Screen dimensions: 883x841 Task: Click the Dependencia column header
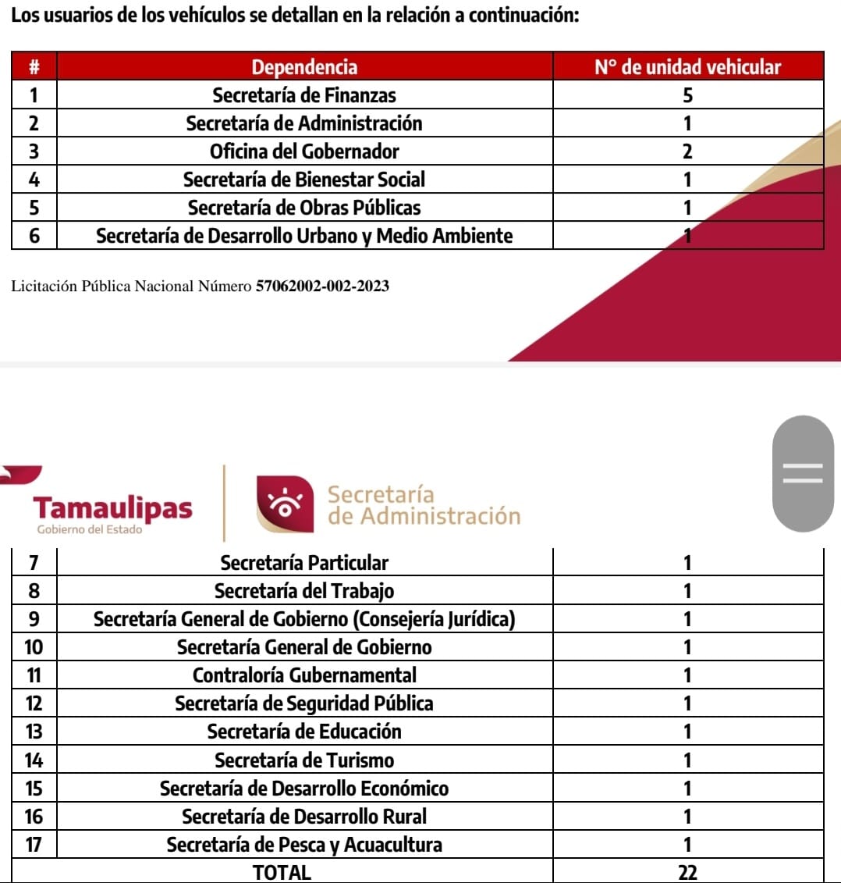click(x=304, y=67)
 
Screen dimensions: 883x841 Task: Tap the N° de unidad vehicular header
click(x=687, y=67)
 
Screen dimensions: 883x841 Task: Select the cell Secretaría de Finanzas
click(x=304, y=95)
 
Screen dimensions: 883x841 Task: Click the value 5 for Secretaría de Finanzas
click(x=687, y=95)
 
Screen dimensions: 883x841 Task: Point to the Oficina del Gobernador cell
click(x=304, y=151)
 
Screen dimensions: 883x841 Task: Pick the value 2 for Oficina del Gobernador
click(x=687, y=151)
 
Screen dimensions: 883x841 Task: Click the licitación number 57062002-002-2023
click(x=322, y=287)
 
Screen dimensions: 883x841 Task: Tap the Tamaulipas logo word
click(x=113, y=508)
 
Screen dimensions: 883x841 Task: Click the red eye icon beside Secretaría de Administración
click(x=285, y=504)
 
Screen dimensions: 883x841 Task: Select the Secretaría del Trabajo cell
click(x=304, y=591)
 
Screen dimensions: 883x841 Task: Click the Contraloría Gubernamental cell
click(x=304, y=675)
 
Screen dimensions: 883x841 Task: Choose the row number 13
click(x=34, y=732)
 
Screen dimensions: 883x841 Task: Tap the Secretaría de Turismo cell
click(x=304, y=760)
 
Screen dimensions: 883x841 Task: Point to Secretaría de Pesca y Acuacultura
click(x=304, y=845)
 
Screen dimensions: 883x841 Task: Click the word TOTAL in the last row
click(x=282, y=872)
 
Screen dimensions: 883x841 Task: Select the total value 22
click(x=687, y=872)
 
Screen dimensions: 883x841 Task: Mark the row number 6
click(x=34, y=236)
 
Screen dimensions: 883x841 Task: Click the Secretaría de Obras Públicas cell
click(x=304, y=208)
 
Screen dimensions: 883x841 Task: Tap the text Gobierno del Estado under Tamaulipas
click(x=90, y=530)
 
